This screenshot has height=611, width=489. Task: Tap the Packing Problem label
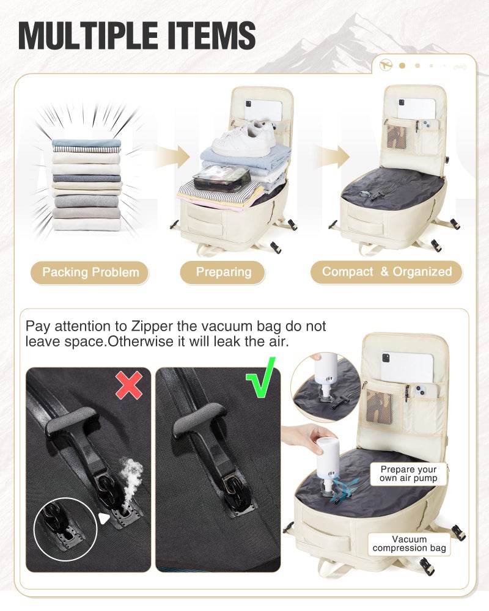(90, 272)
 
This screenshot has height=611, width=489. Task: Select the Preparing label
(222, 272)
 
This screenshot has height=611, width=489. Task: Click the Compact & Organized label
(386, 272)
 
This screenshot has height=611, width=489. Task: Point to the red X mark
(129, 385)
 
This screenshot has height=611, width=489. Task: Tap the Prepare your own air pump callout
(408, 474)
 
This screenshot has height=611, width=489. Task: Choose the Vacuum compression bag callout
(409, 544)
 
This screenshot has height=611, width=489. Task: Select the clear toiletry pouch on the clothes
(221, 178)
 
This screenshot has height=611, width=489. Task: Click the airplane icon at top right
(386, 65)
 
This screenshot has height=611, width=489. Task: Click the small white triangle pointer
(103, 519)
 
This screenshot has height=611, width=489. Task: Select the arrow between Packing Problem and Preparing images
(172, 156)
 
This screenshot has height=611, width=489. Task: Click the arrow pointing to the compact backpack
(332, 156)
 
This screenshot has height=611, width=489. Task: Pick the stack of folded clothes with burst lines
(87, 185)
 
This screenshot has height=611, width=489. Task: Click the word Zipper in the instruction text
(152, 326)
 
